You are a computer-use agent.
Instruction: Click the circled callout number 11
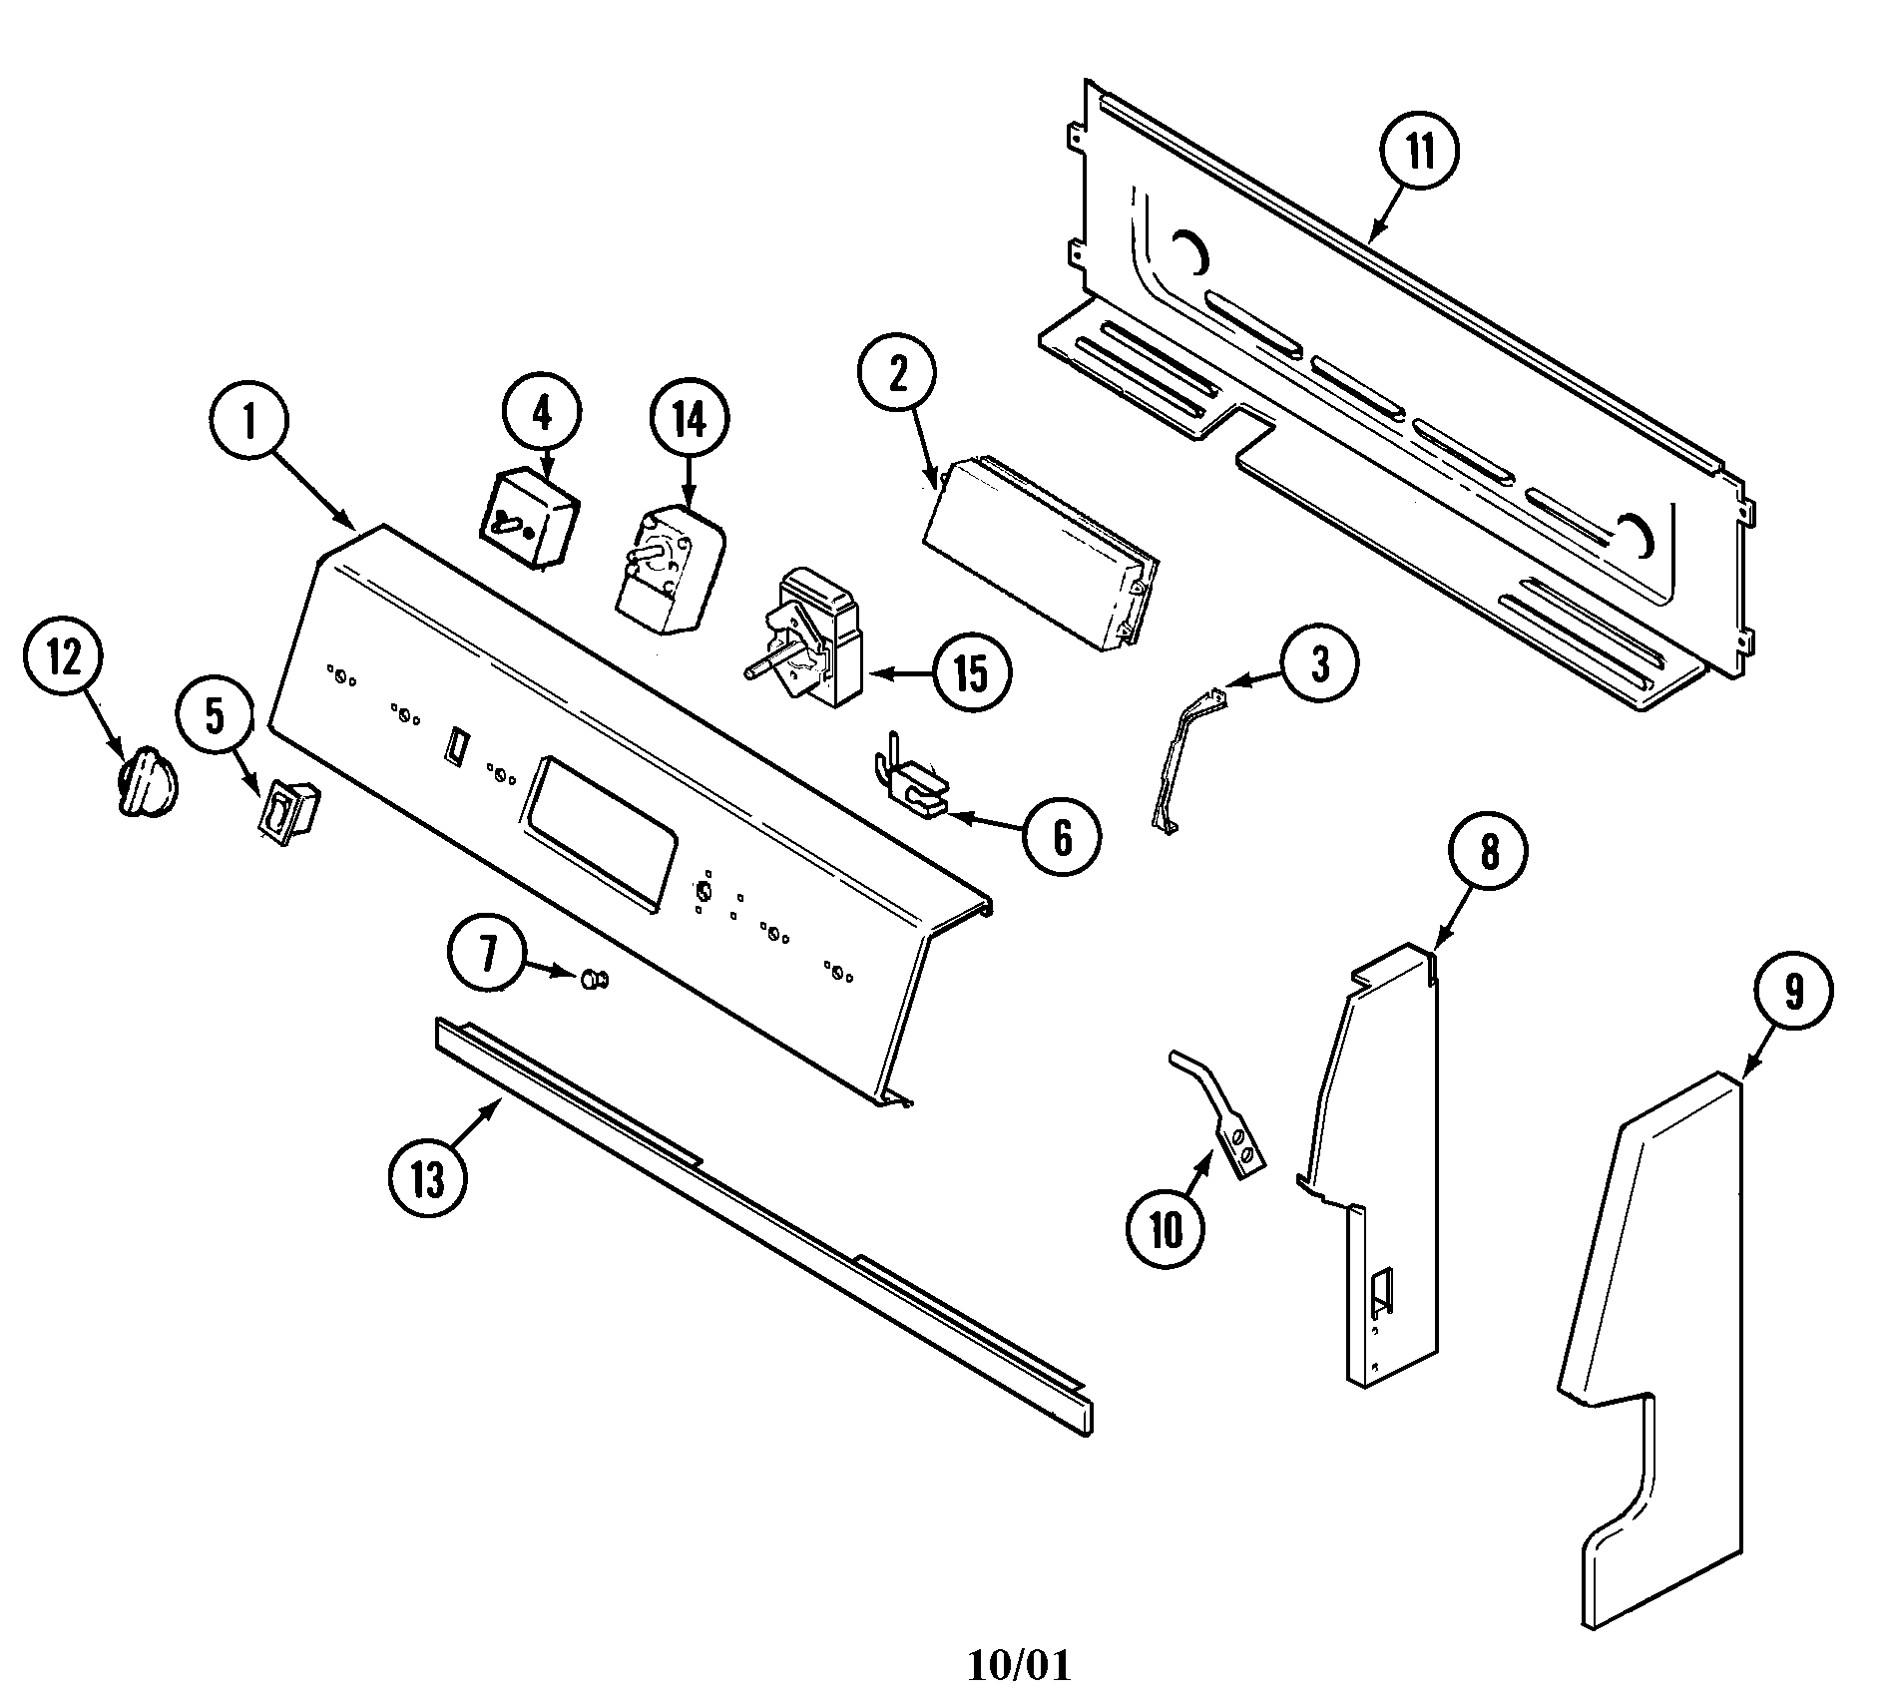(1419, 153)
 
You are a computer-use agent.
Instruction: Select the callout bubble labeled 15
(970, 673)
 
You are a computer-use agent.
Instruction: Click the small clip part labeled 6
(913, 794)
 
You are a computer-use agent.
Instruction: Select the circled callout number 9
(1793, 992)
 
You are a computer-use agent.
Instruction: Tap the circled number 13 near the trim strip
(427, 1179)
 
